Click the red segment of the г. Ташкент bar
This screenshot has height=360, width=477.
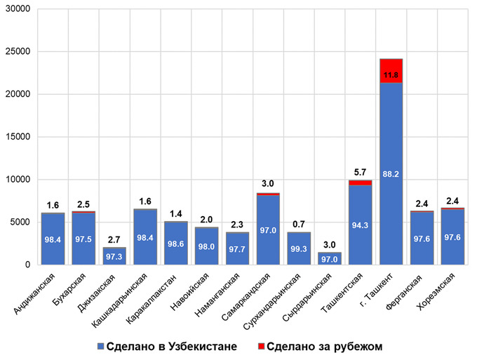pyautogui.click(x=391, y=71)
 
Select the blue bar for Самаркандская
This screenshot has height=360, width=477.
pyautogui.click(x=268, y=211)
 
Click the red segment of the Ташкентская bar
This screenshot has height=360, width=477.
pyautogui.click(x=360, y=182)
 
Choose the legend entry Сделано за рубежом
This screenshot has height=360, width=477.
pyautogui.click(x=330, y=347)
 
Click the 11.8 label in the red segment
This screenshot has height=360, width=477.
pyautogui.click(x=391, y=74)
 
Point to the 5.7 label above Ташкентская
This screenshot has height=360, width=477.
pyautogui.click(x=360, y=172)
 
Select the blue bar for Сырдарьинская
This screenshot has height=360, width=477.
pyautogui.click(x=329, y=258)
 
